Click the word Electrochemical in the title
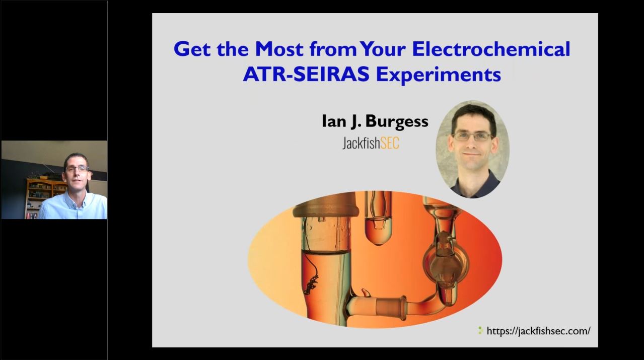491,49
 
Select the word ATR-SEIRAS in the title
306,75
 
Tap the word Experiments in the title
438,75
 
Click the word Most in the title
279,49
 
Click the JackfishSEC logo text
371,143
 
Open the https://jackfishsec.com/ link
538,331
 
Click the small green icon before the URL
480,331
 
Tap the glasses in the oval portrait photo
472,136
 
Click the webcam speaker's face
76,171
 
